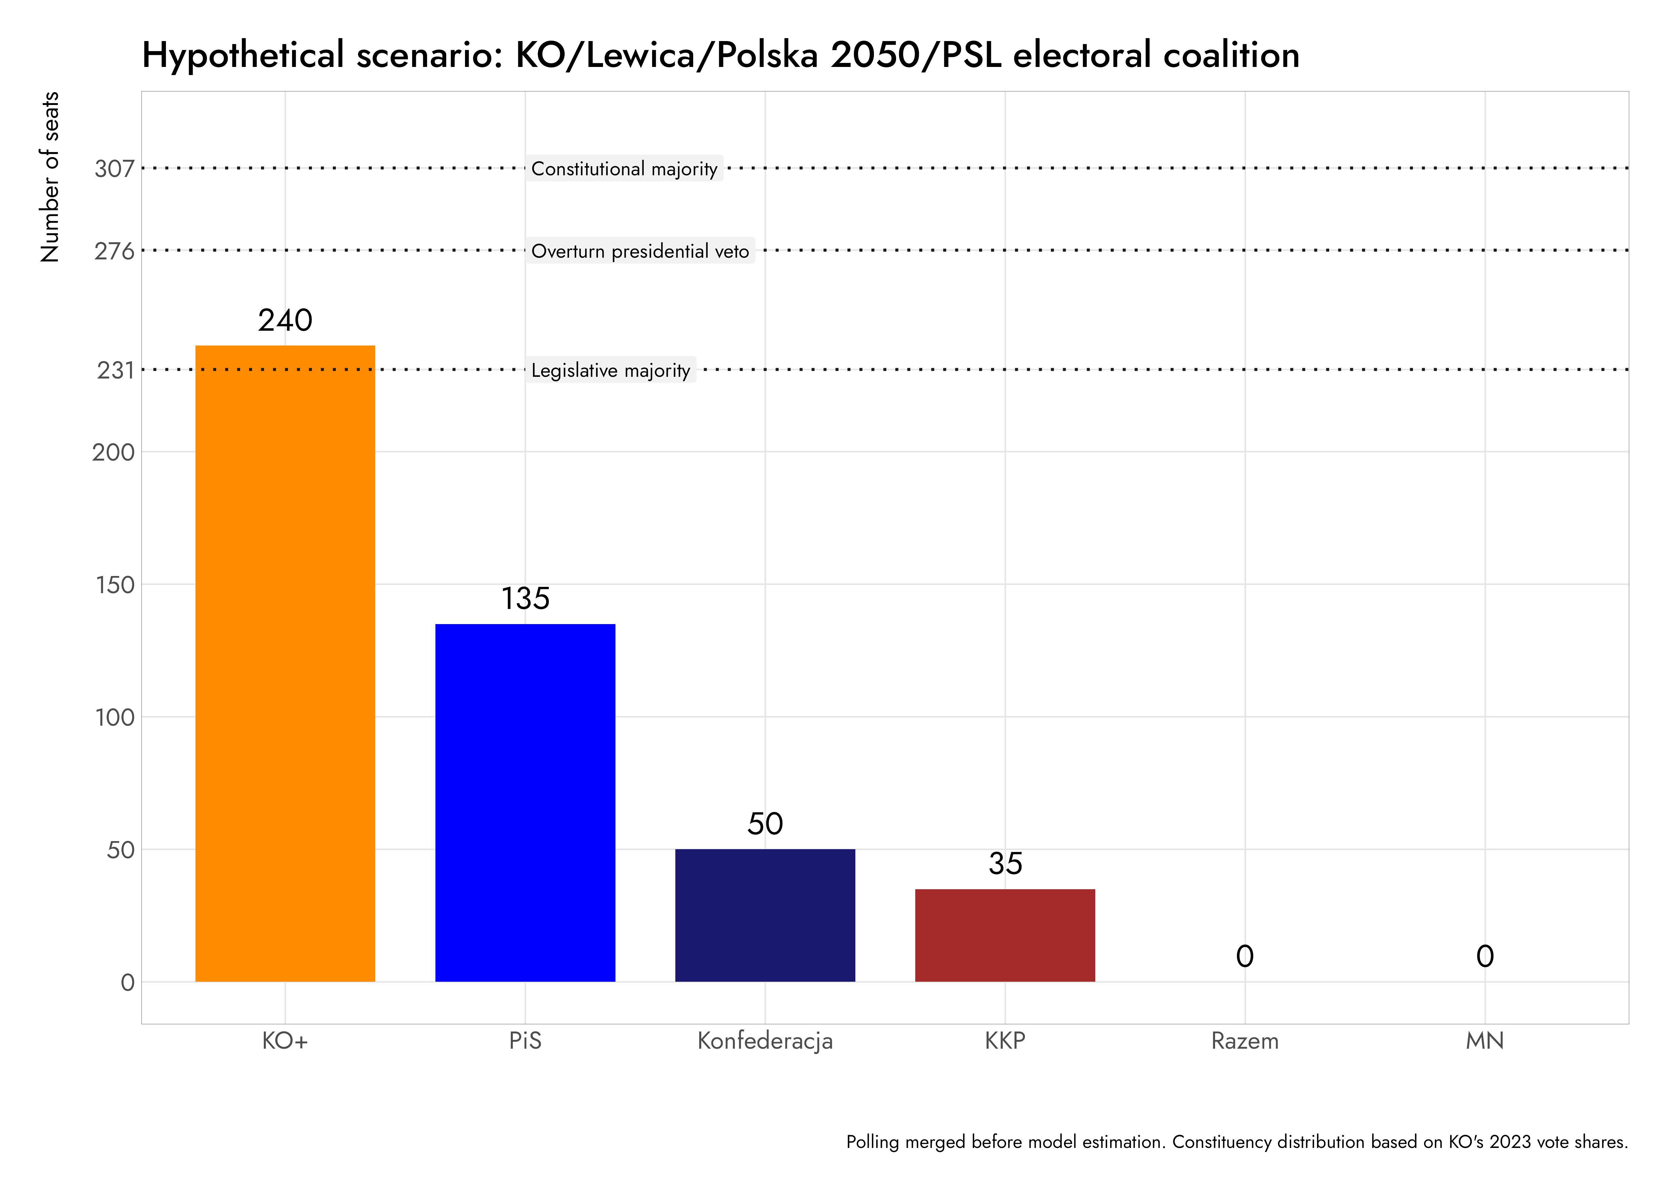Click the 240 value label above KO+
(285, 321)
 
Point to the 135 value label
(525, 599)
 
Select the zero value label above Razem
(1245, 956)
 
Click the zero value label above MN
(1485, 956)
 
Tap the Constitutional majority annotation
(624, 169)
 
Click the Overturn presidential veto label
(640, 251)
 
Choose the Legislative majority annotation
(611, 370)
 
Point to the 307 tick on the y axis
(114, 169)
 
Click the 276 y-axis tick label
(114, 251)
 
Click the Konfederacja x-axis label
(765, 1041)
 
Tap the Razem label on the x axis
(1245, 1041)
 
